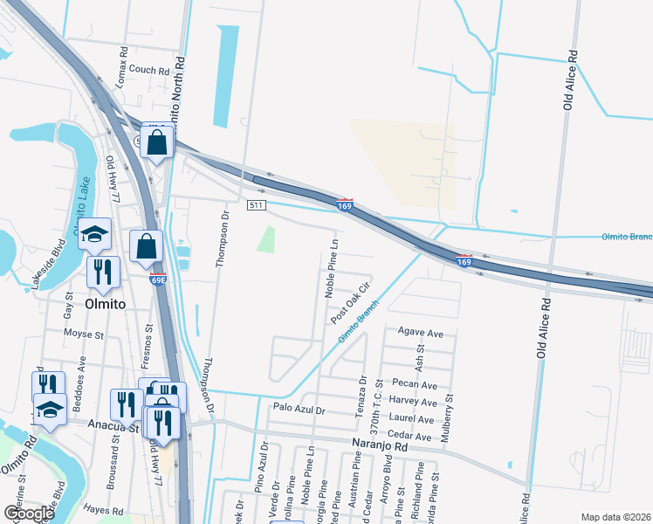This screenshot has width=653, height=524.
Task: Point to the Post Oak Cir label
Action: (352, 303)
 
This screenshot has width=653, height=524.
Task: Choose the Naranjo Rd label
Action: (380, 446)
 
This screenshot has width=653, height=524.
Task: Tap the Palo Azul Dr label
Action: (299, 408)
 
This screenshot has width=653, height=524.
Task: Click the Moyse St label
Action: (84, 334)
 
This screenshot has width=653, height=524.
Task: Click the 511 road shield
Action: (256, 205)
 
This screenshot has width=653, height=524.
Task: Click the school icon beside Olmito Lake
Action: (94, 235)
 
